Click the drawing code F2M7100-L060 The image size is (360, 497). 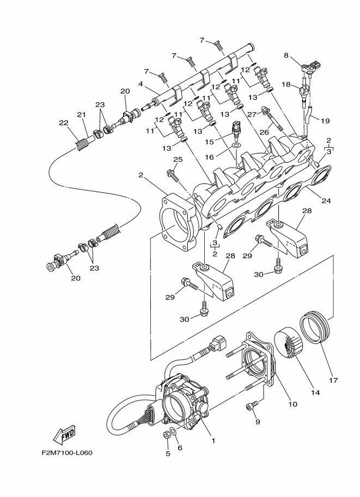pyautogui.click(x=70, y=452)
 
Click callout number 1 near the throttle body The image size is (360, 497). pyautogui.click(x=213, y=441)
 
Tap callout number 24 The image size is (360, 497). pyautogui.click(x=326, y=200)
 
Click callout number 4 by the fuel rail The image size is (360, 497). pyautogui.click(x=141, y=84)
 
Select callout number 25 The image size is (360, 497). pyautogui.click(x=177, y=159)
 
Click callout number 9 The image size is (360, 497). pyautogui.click(x=258, y=421)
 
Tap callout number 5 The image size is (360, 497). pyautogui.click(x=167, y=454)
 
